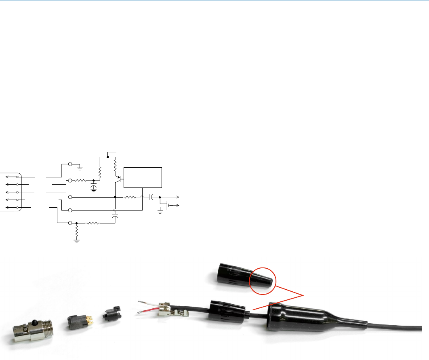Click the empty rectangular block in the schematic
pyautogui.click(x=143, y=177)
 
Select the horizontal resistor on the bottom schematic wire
pyautogui.click(x=92, y=223)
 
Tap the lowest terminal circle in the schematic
pyautogui.click(x=70, y=223)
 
